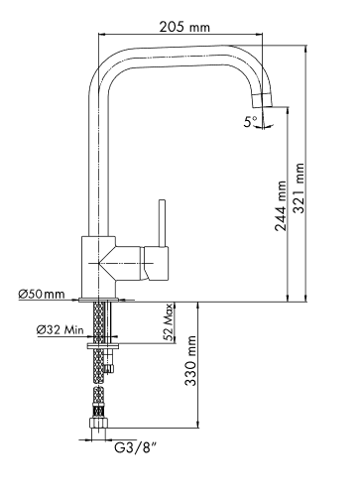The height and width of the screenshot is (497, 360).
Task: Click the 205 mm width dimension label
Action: [184, 27]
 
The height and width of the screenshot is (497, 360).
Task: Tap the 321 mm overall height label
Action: [300, 187]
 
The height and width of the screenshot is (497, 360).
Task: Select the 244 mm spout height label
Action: [281, 205]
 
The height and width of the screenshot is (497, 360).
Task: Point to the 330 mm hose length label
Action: [190, 361]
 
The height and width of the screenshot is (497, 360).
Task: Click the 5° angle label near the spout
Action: [251, 122]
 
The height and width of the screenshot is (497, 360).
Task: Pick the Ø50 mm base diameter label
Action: [42, 294]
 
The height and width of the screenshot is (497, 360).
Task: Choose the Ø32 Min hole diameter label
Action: [60, 329]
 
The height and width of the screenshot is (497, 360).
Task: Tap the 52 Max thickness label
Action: [169, 321]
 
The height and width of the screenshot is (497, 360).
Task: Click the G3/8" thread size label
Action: [135, 447]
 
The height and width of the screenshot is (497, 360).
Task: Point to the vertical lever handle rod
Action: [162, 223]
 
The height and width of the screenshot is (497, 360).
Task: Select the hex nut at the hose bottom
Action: [98, 424]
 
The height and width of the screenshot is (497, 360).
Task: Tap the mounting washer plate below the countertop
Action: [103, 346]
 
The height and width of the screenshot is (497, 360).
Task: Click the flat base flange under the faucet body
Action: [99, 300]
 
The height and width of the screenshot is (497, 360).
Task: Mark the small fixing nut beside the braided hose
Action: [109, 368]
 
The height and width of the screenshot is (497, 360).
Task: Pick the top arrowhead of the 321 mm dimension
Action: [306, 49]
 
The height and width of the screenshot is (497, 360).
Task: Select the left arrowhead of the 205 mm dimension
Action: [102, 34]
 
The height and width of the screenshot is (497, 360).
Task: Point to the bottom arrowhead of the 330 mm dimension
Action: [197, 424]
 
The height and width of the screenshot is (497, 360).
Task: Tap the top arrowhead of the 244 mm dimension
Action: [288, 110]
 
